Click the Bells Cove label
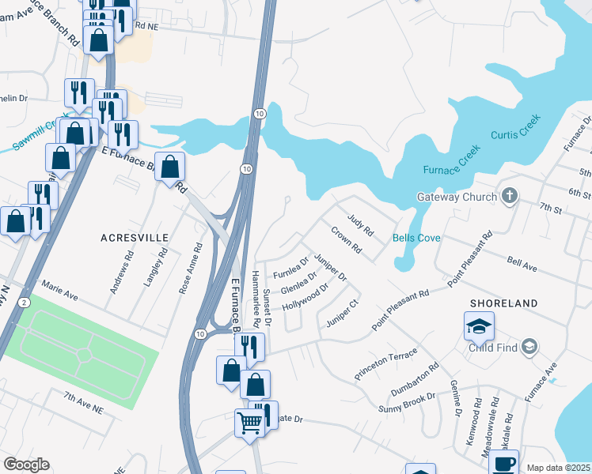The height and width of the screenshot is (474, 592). pyautogui.click(x=417, y=237)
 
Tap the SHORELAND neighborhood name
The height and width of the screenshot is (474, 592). pyautogui.click(x=504, y=303)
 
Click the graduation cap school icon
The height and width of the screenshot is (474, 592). pyautogui.click(x=479, y=325)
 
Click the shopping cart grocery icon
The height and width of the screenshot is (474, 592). pyautogui.click(x=249, y=423)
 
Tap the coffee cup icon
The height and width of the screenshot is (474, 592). pyautogui.click(x=503, y=463)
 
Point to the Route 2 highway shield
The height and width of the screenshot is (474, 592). pyautogui.click(x=25, y=303)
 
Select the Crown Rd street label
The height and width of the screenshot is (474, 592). pyautogui.click(x=346, y=241)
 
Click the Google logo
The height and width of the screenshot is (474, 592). pyautogui.click(x=26, y=465)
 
